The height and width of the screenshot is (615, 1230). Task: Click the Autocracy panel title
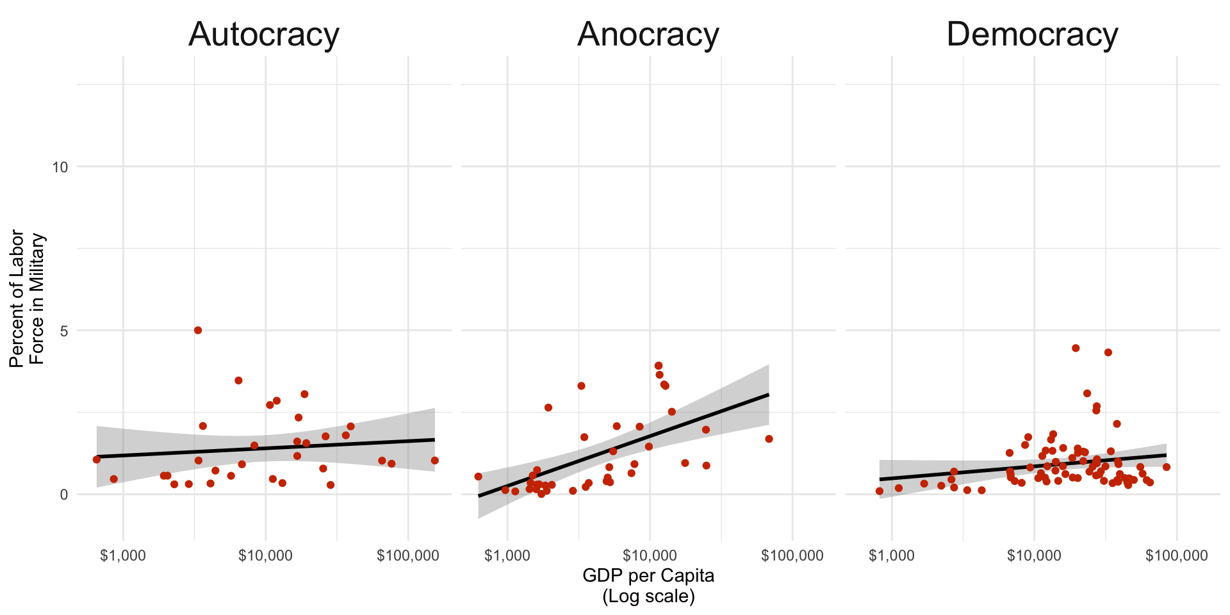click(263, 35)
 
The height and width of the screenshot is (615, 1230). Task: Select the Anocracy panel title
click(648, 35)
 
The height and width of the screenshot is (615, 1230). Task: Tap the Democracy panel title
click(1032, 35)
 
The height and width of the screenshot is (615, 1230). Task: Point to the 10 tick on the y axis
click(60, 167)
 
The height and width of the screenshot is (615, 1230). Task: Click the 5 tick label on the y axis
click(63, 331)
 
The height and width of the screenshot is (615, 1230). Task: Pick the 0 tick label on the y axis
click(63, 495)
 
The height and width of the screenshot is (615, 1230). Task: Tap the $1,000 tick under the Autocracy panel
click(123, 555)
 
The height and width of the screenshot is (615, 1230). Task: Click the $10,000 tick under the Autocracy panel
click(265, 555)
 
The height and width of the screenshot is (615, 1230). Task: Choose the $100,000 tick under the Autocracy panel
click(408, 555)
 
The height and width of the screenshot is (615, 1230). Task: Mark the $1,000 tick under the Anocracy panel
click(507, 555)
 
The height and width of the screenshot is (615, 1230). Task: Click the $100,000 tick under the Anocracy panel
click(792, 555)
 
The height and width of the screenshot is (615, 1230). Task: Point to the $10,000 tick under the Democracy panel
click(1034, 555)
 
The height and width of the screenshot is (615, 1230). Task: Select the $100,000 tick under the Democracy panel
click(1177, 555)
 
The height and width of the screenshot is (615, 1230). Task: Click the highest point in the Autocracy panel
click(198, 331)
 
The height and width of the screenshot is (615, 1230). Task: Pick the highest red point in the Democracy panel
click(1076, 348)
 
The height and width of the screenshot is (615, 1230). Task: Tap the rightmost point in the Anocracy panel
click(769, 439)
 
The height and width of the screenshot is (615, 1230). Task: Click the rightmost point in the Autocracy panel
click(434, 461)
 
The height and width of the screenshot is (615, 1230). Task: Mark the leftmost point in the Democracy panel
click(880, 491)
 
